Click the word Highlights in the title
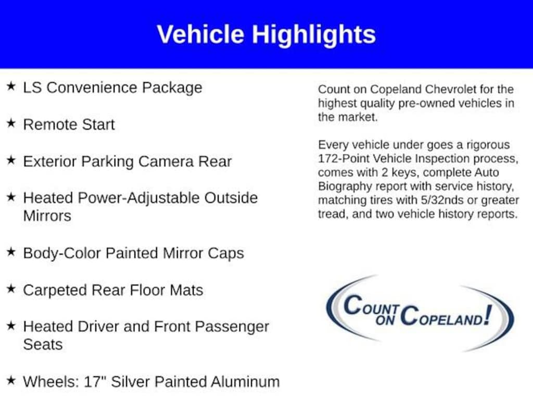point(313,35)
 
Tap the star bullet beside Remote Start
point(11,123)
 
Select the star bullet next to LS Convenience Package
point(11,86)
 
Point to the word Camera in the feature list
point(166,161)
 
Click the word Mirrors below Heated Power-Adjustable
point(47,216)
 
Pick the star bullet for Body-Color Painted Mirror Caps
point(11,252)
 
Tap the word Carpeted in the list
point(55,291)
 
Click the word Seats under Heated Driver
point(43,345)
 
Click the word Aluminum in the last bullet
point(245,382)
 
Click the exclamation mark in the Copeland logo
point(488,315)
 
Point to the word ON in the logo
point(385,320)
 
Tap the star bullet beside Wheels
point(11,380)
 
